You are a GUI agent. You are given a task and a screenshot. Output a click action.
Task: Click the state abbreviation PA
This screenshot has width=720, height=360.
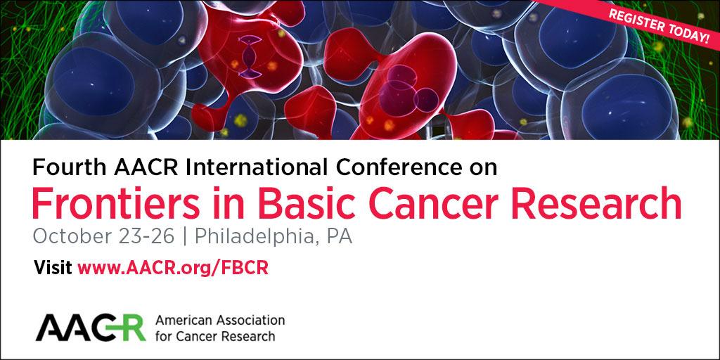(x=339, y=236)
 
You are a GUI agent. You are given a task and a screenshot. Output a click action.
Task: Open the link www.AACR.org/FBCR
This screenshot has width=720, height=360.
(x=173, y=268)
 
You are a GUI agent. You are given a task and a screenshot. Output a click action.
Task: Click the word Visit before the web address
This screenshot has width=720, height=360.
(x=53, y=268)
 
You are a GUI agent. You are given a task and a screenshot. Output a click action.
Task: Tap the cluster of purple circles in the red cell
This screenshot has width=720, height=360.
(x=409, y=91)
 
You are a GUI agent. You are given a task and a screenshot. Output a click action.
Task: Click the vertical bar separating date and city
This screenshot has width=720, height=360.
(x=185, y=237)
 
